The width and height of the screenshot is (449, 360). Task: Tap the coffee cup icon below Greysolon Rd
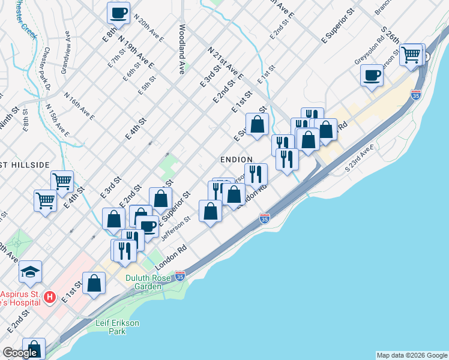click(372, 76)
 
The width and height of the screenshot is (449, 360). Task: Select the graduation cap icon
click(30, 272)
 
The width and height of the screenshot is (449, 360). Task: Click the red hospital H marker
click(50, 297)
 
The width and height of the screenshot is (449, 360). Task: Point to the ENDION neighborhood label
click(236, 159)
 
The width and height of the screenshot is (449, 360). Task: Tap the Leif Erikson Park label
click(118, 327)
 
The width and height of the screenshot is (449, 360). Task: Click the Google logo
click(20, 353)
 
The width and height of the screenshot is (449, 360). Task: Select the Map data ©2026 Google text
click(412, 355)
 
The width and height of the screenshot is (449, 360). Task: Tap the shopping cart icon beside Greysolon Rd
click(412, 55)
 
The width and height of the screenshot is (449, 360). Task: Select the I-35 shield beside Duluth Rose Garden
click(179, 276)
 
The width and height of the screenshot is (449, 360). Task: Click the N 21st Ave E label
click(225, 62)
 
